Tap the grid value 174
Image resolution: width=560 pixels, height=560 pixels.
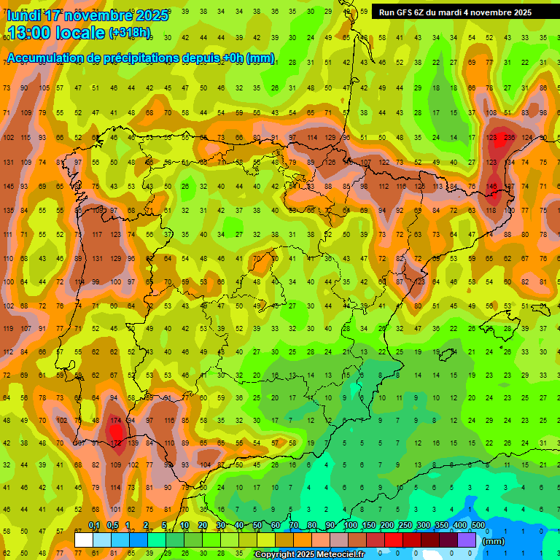click(x=115, y=421)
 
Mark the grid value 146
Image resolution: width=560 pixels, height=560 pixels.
click(x=491, y=186)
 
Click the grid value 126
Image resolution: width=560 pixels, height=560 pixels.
click(x=330, y=162)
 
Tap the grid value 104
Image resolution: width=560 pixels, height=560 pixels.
click(x=206, y=464)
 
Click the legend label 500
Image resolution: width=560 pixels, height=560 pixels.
click(x=478, y=526)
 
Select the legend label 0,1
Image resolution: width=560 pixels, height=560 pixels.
click(x=94, y=526)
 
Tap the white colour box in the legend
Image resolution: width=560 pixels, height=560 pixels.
click(x=84, y=540)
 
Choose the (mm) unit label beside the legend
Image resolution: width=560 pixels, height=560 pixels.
click(x=494, y=541)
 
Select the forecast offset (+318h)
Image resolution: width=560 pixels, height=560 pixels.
click(x=130, y=33)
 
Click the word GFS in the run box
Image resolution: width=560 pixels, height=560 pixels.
click(x=404, y=12)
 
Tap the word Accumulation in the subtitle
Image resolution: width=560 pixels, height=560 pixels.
click(x=44, y=58)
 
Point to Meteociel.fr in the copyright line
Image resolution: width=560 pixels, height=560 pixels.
click(x=335, y=555)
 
